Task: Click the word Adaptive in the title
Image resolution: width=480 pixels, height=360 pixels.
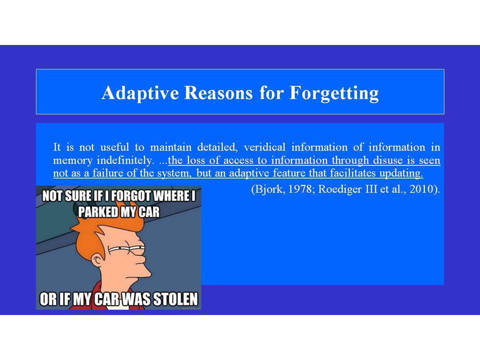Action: point(140,93)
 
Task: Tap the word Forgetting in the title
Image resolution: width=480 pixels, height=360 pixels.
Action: point(334,93)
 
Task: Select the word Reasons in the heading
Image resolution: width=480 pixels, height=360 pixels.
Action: point(218,92)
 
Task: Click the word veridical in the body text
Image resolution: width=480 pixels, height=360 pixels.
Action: point(264,147)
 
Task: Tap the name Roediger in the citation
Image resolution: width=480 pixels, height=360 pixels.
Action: point(340,189)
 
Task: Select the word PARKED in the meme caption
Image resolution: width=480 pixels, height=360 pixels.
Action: point(97,212)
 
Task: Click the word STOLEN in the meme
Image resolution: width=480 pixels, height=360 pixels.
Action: point(175,299)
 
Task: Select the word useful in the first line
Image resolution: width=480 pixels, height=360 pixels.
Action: point(114,147)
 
